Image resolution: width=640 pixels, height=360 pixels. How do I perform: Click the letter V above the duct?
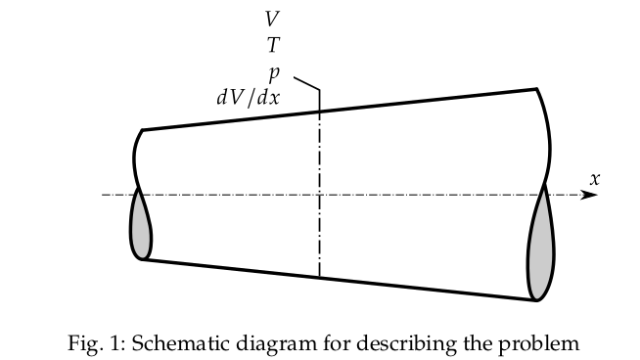click(x=271, y=19)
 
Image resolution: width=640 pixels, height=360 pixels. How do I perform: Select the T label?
click(x=272, y=44)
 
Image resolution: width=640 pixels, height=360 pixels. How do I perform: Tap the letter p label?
click(x=276, y=71)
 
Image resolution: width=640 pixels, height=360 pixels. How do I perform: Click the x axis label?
click(x=594, y=178)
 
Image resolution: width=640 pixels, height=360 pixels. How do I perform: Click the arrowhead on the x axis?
click(x=589, y=195)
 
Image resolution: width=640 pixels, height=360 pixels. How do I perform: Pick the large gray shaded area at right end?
click(x=540, y=250)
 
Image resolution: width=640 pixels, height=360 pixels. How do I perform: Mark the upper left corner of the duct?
click(x=143, y=130)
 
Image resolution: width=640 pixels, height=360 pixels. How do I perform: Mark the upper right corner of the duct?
click(x=537, y=89)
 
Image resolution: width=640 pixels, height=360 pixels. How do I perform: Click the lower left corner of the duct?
click(x=144, y=259)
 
